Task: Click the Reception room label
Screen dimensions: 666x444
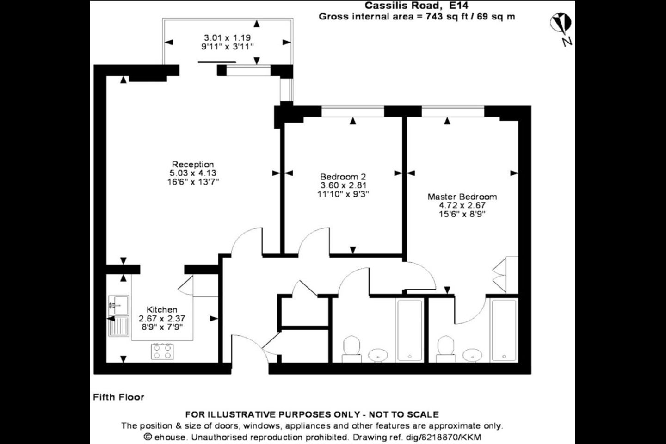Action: (x=193, y=165)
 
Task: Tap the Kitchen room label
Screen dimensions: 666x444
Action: (x=162, y=309)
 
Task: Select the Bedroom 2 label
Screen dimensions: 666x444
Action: (x=343, y=177)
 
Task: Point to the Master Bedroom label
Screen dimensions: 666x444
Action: (x=462, y=197)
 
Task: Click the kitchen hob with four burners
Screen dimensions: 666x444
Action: (x=162, y=351)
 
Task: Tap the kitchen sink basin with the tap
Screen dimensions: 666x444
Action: (x=118, y=305)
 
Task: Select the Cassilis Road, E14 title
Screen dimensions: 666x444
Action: (x=417, y=6)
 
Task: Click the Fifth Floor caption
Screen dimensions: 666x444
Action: (x=118, y=397)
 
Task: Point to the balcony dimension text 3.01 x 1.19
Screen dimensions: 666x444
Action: (x=228, y=38)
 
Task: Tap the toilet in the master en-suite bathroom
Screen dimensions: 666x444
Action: (x=446, y=349)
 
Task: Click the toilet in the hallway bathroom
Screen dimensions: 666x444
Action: (x=351, y=349)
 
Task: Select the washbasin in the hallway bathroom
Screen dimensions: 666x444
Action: (x=378, y=355)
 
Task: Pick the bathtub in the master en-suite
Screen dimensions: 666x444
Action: (x=504, y=330)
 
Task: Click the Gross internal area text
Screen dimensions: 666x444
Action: (x=417, y=16)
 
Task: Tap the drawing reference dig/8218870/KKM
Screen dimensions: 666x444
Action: (x=417, y=437)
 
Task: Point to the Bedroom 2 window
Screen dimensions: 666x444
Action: (x=352, y=111)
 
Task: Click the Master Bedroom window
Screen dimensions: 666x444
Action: (x=453, y=111)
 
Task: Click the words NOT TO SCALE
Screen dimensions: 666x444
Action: (x=404, y=414)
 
